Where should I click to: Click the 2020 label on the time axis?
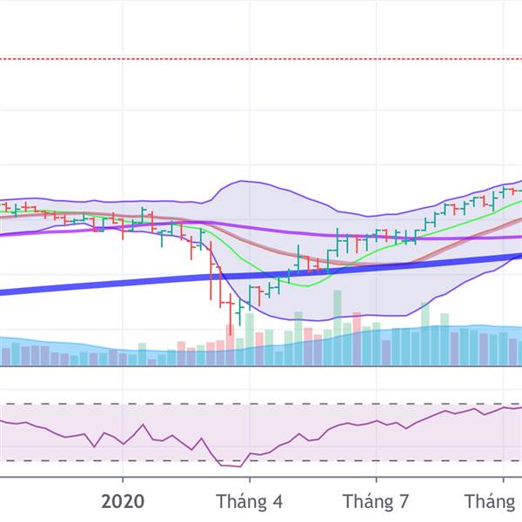pos(122,502)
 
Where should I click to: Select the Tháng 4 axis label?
pos(249,502)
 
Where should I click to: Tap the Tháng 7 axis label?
pos(376,502)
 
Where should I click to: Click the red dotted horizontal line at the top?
pos(261,59)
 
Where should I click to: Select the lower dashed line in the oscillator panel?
pos(130,460)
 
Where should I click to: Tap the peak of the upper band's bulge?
pos(240,182)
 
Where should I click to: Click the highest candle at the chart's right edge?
pos(503,190)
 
